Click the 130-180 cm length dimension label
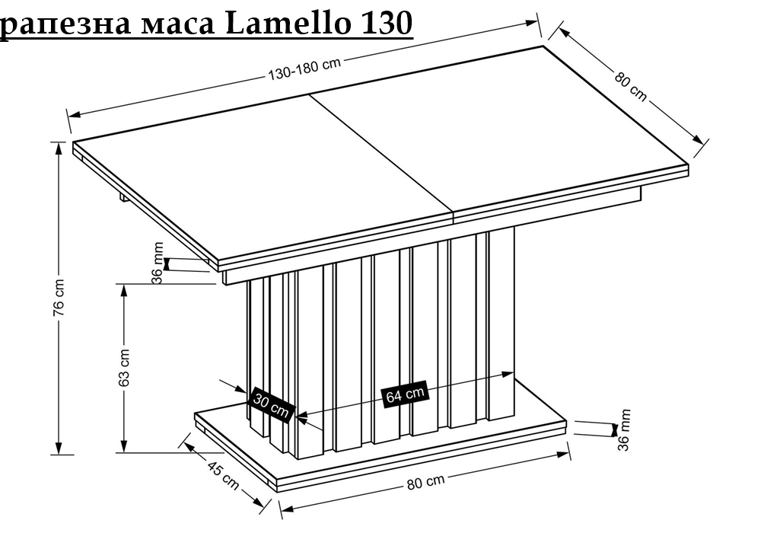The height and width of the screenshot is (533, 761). coord(305,69)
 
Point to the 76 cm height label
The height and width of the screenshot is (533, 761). coord(59,298)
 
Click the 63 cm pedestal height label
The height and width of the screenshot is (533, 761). coord(124,368)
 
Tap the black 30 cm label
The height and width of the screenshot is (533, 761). coord(272,407)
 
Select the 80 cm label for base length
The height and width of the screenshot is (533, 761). coord(425,482)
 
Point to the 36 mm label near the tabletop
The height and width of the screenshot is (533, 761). coord(158,263)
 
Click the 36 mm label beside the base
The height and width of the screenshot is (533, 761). coord(624,430)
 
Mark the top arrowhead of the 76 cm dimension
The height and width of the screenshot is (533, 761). coord(59,148)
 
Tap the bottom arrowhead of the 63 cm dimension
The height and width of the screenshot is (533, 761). coord(124,447)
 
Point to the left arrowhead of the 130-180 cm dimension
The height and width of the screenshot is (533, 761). coord(75,114)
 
